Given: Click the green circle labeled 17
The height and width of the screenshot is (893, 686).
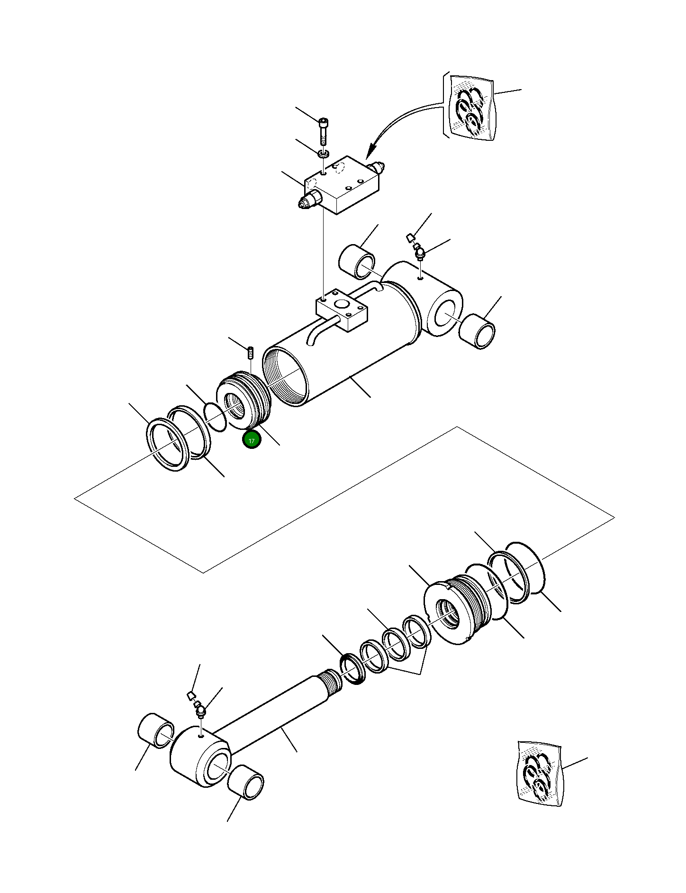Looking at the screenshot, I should [252, 440].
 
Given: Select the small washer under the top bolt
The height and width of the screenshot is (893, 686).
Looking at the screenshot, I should [324, 154].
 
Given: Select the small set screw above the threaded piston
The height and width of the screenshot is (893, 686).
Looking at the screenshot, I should [251, 353].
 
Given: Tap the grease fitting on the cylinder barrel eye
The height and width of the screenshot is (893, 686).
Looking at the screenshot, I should [420, 253].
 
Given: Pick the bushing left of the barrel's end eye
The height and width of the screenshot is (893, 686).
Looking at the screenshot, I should [357, 262].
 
